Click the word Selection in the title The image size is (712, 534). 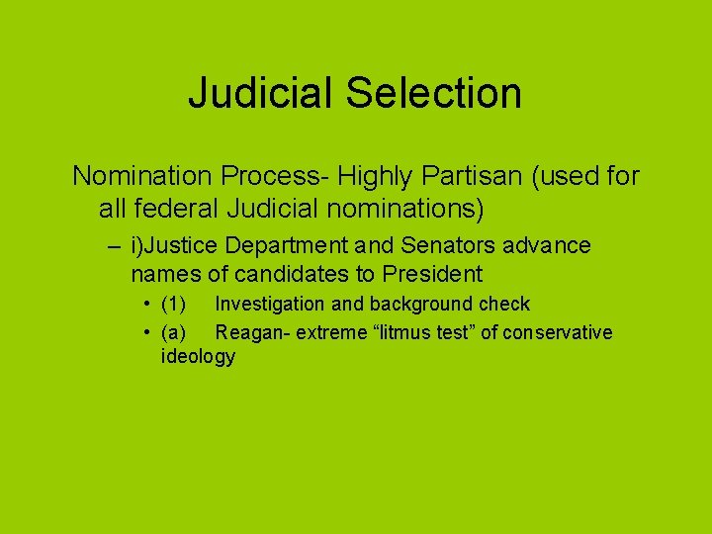click(434, 94)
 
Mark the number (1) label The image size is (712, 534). click(174, 305)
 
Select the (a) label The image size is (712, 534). click(174, 332)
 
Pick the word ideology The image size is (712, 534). click(198, 357)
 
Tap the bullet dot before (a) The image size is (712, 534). click(145, 332)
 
